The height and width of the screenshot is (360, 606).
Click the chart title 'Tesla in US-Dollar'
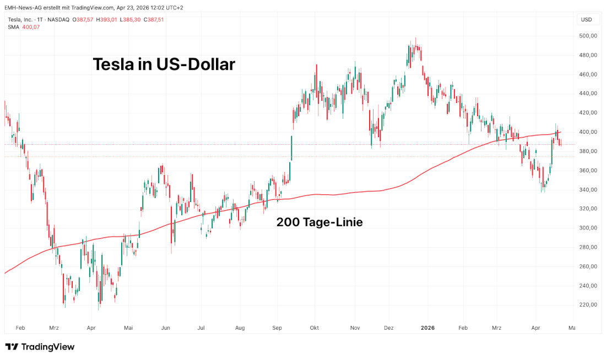pos(164,64)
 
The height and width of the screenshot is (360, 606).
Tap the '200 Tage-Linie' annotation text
pos(319,222)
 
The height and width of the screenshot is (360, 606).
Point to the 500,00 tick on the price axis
pos(588,36)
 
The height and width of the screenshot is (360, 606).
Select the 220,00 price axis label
pos(588,305)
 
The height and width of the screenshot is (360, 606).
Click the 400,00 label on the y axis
pos(588,132)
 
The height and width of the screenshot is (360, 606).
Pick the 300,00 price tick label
pos(588,228)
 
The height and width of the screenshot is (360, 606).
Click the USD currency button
pos(586,20)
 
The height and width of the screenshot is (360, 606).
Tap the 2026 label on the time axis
pos(428,328)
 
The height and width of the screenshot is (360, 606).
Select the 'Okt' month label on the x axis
pos(314,328)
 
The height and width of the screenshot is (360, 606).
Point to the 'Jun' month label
pos(165,328)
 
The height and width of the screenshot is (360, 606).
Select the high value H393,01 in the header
pos(106,20)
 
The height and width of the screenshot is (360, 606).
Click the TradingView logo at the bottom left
pos(40,347)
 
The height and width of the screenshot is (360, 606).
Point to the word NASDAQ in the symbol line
pos(58,20)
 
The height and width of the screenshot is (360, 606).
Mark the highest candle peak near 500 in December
pos(415,40)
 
